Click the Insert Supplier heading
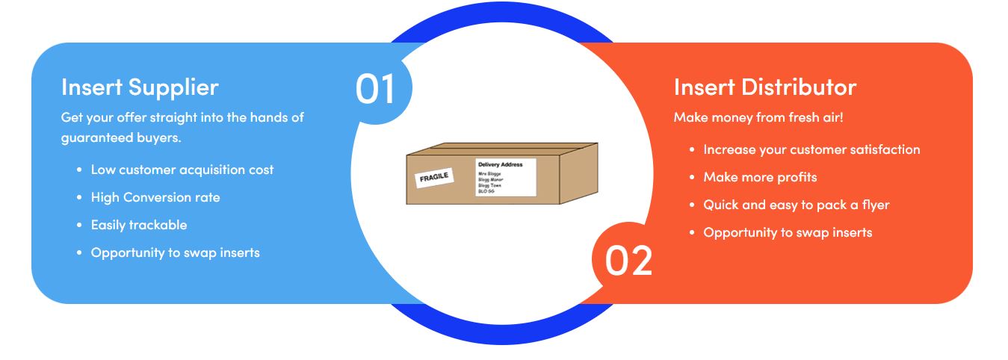point(140,87)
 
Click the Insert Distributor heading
point(764,87)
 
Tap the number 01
point(375,89)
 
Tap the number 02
point(628,261)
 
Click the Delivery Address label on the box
point(506,177)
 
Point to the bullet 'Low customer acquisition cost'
point(182,170)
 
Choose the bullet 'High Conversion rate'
point(155,197)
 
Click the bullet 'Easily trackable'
point(139,225)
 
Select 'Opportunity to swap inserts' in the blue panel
point(176,252)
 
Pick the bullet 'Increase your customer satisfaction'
point(811,149)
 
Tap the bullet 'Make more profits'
point(760,177)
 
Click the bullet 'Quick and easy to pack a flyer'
point(797,205)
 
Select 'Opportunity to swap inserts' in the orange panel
point(788,232)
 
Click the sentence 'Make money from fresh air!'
point(758,117)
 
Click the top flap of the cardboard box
point(501,149)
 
